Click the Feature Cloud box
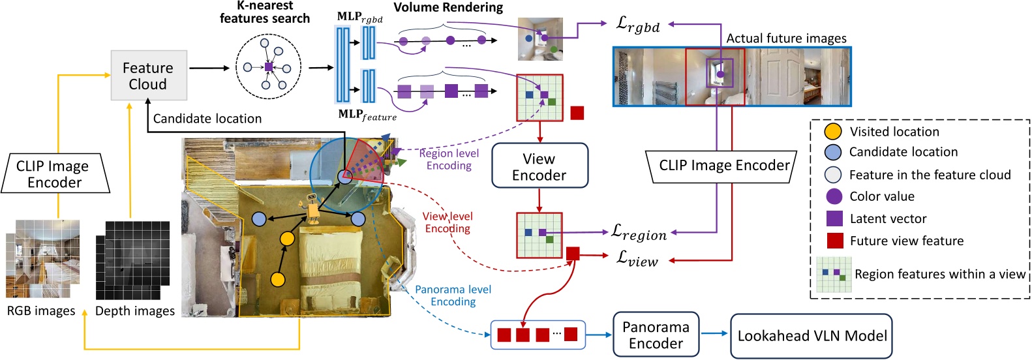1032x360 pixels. coord(149,76)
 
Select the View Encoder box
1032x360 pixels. coord(539,166)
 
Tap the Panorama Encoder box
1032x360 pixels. coord(656,335)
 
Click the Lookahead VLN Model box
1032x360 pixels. coord(812,336)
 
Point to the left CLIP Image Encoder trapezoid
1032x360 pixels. coord(55,174)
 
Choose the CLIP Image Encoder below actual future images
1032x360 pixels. coord(723,166)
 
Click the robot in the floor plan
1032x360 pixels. coord(312,209)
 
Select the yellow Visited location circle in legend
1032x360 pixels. coord(833,131)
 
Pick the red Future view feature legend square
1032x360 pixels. coord(834,241)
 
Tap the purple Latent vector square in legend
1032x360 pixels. coord(834,218)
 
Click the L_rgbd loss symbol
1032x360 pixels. coord(637,25)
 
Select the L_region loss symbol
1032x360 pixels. coord(638,232)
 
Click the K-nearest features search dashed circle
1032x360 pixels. coord(268,67)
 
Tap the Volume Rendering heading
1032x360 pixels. coord(448,7)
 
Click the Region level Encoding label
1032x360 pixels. coord(449,159)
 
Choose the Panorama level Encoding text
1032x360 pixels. coord(453,295)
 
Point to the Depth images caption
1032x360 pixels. coord(135,311)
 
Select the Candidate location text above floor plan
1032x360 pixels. coord(207,119)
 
